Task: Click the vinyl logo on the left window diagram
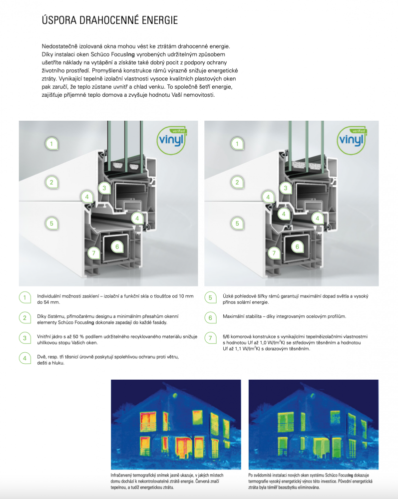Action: coord(171,136)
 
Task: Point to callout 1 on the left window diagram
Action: coord(51,144)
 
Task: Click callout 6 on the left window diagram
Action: coord(116,246)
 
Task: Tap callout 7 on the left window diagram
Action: coord(93,253)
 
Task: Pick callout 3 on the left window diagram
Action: coord(104,188)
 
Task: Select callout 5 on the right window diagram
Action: coord(237,224)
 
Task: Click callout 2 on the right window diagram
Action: coord(237,183)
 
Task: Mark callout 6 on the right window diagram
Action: coord(297,246)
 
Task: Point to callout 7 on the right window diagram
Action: coord(273,253)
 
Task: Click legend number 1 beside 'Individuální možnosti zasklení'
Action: coord(24,298)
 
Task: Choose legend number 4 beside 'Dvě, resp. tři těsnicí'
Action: coord(24,358)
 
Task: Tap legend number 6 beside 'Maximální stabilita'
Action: coord(210,317)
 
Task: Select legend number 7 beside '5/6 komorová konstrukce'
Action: coord(210,338)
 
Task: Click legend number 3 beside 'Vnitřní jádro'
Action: coord(24,338)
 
